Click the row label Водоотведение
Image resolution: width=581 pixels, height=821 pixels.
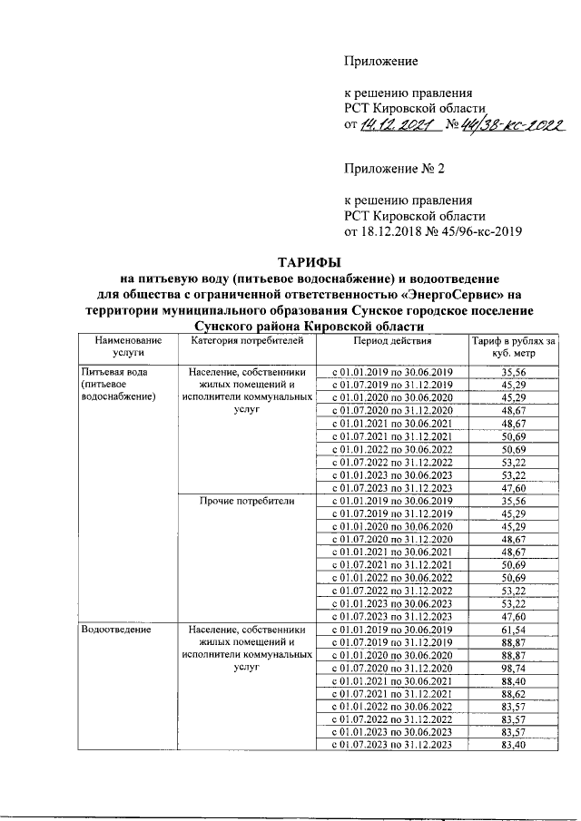[115, 628]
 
